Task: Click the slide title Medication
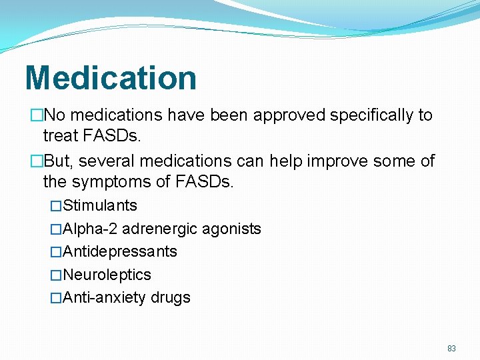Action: pos(111,77)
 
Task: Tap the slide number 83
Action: pos(451,349)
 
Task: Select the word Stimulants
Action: pos(100,205)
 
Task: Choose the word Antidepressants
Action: pos(120,251)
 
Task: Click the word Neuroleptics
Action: pos(107,275)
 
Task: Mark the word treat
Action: pos(61,137)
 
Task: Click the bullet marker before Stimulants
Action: pos(56,206)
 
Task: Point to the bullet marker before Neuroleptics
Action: pos(56,275)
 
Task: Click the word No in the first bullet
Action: pos(54,115)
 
